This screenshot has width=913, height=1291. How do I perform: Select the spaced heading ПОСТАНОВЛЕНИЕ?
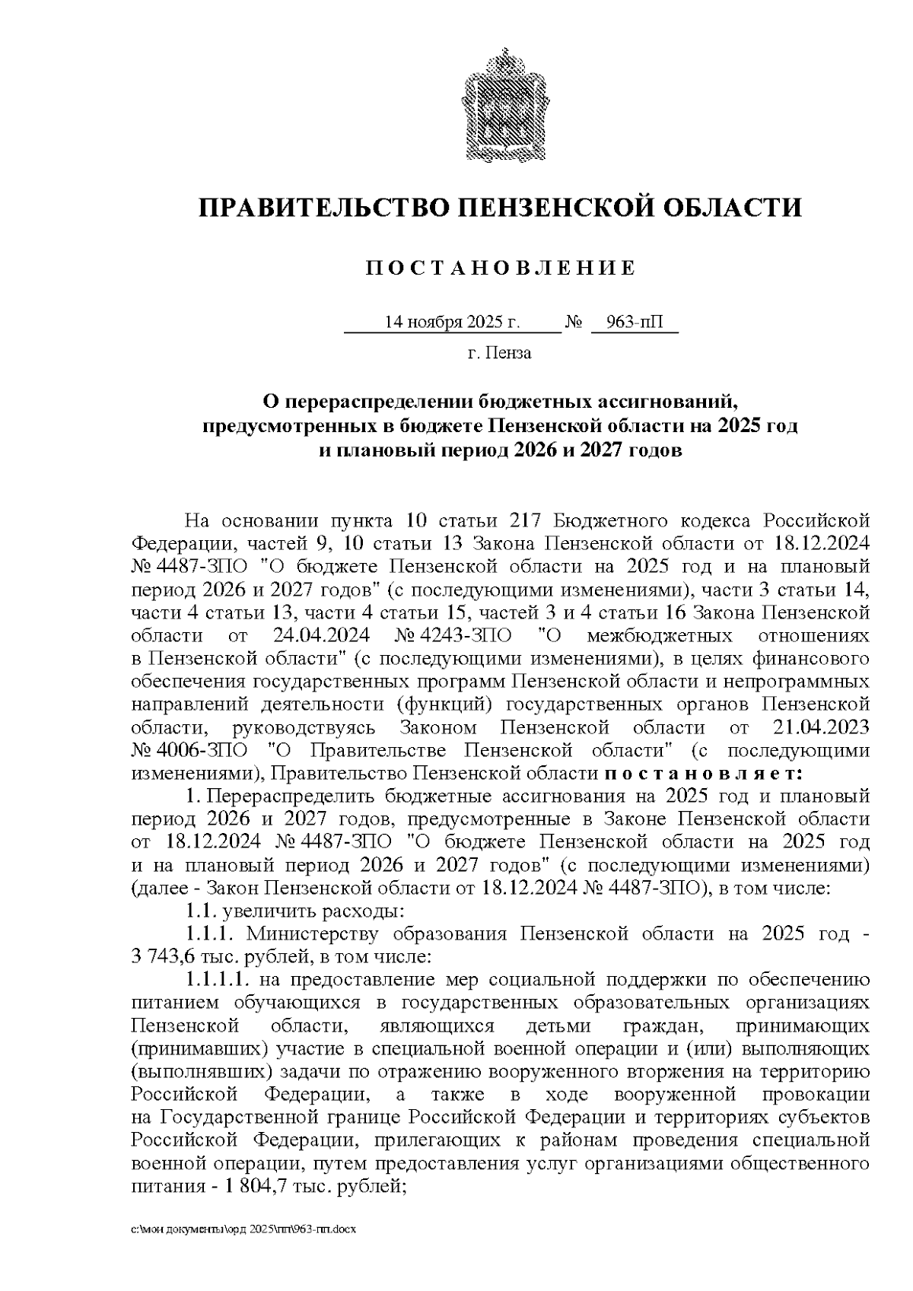click(x=500, y=268)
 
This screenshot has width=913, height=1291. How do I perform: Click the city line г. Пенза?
click(x=499, y=353)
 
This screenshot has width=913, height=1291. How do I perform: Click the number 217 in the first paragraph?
click(x=524, y=521)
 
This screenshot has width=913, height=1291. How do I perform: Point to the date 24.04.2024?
click(x=317, y=635)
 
